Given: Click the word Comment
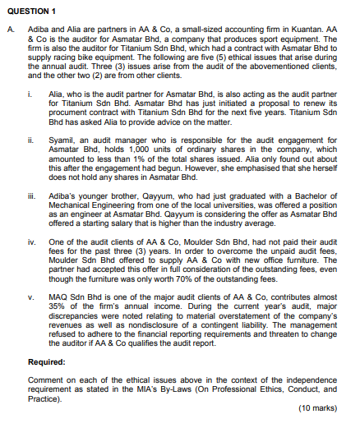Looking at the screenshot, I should (43, 380).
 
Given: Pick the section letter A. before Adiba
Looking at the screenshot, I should (8, 30).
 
